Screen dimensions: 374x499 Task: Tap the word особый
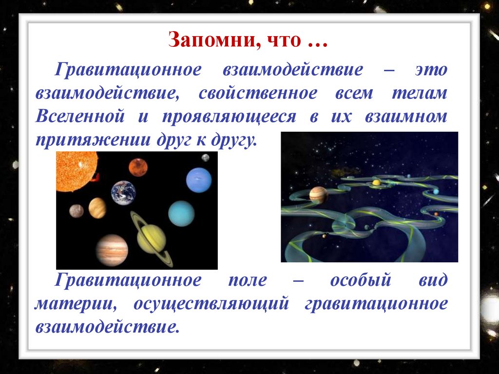(361, 280)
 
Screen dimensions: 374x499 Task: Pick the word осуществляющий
(211, 304)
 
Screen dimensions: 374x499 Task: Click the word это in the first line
(431, 70)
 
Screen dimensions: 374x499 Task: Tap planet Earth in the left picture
(123, 193)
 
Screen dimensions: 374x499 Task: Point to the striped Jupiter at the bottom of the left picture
(112, 250)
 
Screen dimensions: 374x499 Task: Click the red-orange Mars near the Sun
(138, 167)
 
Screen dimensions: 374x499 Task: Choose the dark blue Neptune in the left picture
(199, 180)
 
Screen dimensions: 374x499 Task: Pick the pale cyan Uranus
(181, 214)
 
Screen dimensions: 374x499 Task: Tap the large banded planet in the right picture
(318, 195)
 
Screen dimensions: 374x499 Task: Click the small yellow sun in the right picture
(376, 182)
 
